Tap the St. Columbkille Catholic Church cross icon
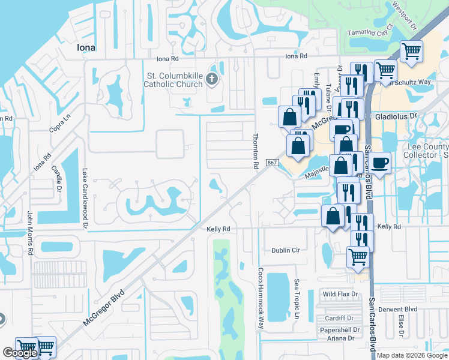[211, 79]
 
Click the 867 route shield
[272, 163]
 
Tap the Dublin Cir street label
[285, 250]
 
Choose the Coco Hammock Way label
[261, 298]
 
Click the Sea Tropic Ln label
[297, 299]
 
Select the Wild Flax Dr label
[340, 294]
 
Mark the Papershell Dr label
[340, 329]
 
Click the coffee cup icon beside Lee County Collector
[379, 162]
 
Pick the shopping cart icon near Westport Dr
[411, 51]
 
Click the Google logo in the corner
[20, 353]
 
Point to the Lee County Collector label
[427, 151]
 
